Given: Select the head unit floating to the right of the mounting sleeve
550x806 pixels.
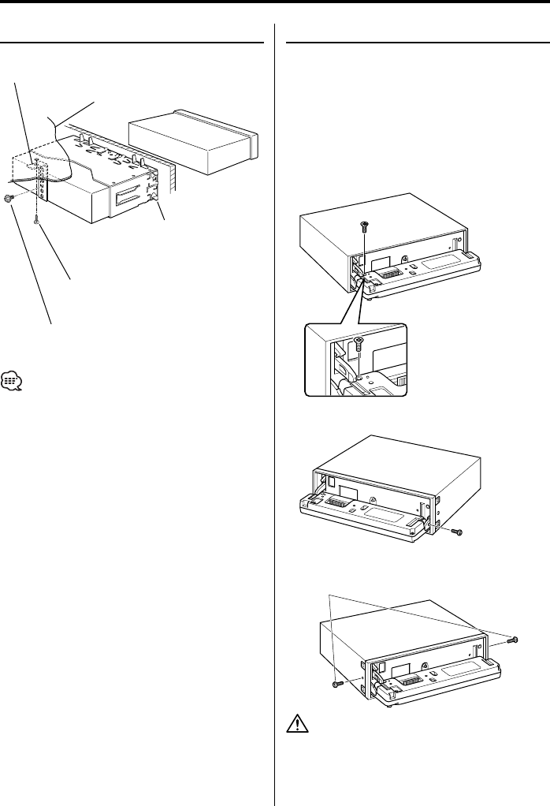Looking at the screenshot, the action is click(194, 142).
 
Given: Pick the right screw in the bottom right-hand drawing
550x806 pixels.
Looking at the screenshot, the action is click(513, 638).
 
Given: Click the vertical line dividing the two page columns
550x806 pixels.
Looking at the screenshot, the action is click(273, 410).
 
